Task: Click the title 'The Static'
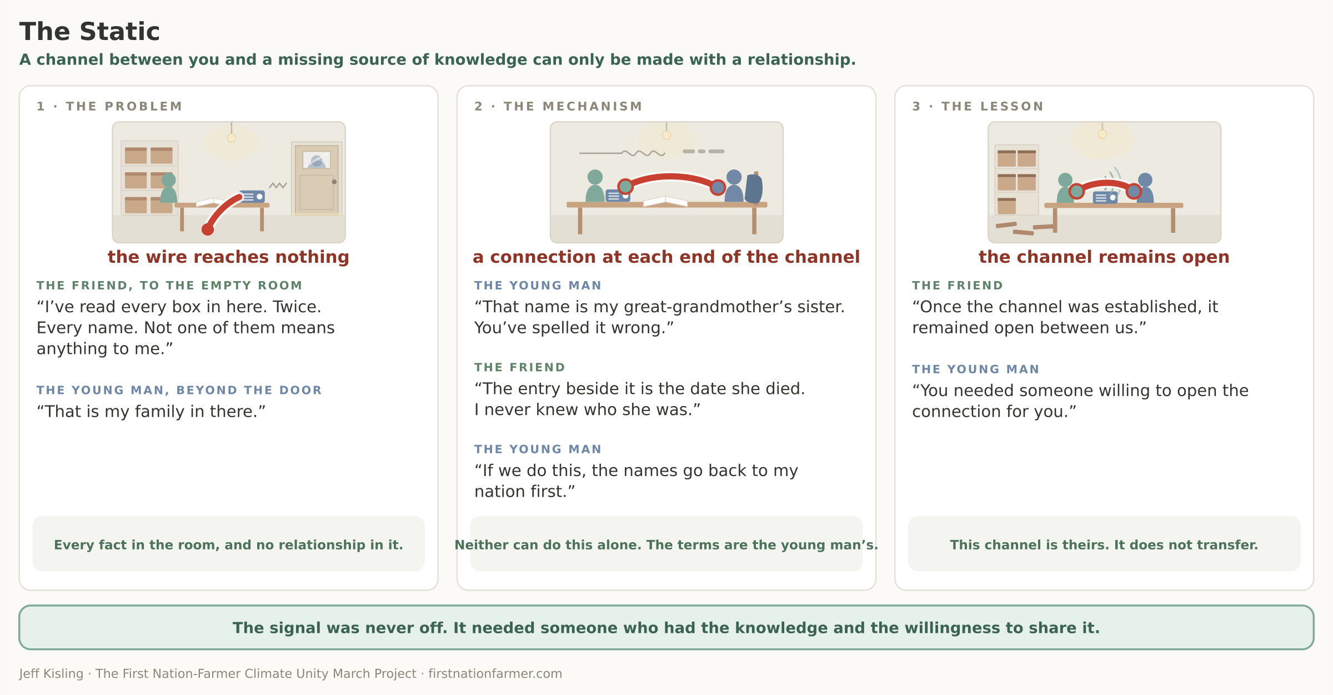pos(89,32)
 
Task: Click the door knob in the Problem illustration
pos(334,182)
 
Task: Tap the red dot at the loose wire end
pos(208,229)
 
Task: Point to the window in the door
pos(317,160)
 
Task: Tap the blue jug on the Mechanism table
pos(754,188)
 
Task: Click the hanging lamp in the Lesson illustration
pos(1103,134)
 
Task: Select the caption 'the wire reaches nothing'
pos(228,257)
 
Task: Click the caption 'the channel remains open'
pos(1104,257)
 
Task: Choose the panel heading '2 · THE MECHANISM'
pos(559,106)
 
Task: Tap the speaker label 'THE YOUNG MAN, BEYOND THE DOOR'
pos(179,390)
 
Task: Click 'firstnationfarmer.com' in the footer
pos(495,674)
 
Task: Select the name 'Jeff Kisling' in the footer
pos(51,674)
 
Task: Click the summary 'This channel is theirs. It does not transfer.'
pos(1104,545)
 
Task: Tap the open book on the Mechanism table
pos(665,201)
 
